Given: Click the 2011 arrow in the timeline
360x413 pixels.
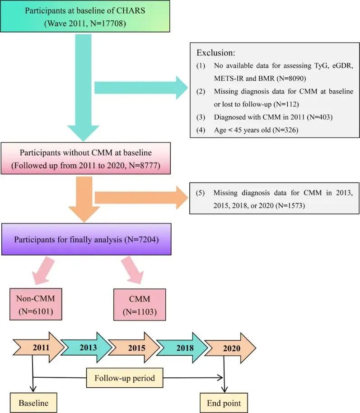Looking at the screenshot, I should [x=40, y=348].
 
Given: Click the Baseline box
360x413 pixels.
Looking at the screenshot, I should [x=33, y=400].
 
